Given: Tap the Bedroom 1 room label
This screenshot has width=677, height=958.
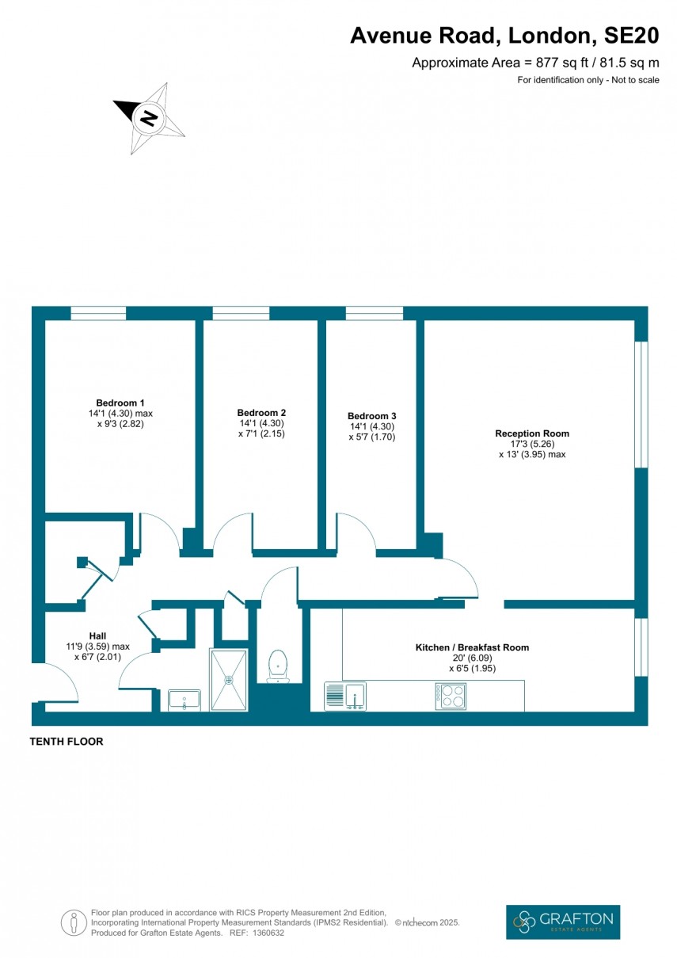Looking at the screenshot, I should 120,402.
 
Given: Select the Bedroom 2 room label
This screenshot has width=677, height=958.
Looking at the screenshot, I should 261,413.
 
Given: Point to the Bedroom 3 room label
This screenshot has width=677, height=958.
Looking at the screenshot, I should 372,416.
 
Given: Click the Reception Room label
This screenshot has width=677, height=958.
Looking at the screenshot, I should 532,433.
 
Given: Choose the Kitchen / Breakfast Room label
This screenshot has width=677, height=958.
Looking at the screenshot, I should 472,647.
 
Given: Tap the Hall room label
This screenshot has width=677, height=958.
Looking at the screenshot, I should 97,635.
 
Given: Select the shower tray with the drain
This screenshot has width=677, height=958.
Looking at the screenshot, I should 229,679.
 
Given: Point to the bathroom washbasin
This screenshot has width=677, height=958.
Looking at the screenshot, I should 184,700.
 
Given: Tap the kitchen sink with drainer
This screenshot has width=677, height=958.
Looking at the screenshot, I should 344,696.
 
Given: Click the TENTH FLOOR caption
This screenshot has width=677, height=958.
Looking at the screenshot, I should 67,742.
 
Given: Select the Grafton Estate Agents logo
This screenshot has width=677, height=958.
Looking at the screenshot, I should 563,922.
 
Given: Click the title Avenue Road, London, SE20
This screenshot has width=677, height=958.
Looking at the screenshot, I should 504,36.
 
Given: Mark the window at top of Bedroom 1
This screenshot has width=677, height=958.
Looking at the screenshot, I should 98,313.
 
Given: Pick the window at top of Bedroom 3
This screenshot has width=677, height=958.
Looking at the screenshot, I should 374,313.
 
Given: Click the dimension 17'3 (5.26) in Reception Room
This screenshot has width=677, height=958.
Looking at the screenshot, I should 532,444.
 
